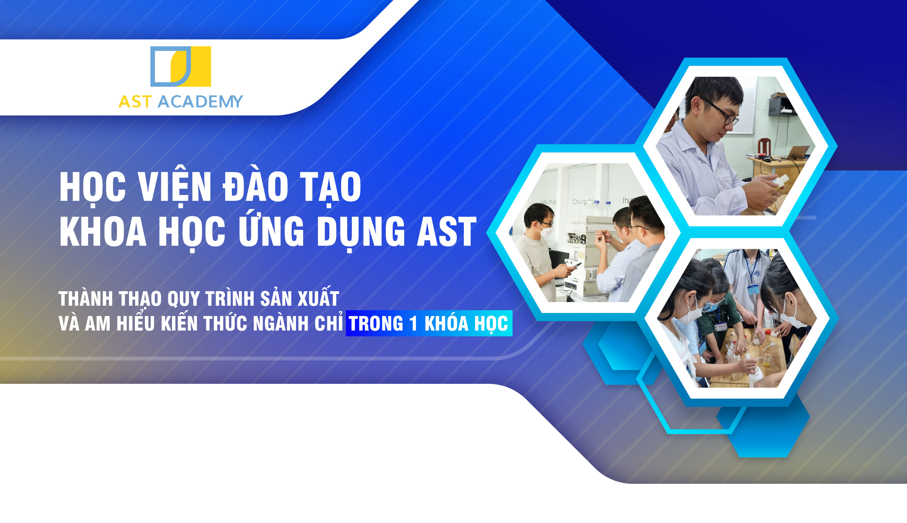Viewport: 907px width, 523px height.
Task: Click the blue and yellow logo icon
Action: (x=180, y=66)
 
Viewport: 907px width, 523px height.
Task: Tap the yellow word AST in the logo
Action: (x=135, y=102)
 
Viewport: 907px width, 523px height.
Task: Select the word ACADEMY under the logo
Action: (x=200, y=102)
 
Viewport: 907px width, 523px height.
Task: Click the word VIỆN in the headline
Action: (x=175, y=186)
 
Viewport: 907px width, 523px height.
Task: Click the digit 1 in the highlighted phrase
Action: (x=413, y=323)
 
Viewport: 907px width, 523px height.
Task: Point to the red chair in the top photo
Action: (x=764, y=147)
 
